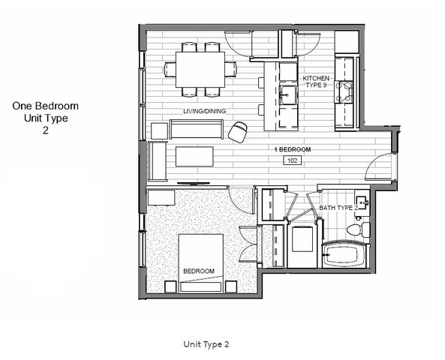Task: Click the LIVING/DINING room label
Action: tap(204, 111)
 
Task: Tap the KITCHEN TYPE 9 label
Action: tap(316, 82)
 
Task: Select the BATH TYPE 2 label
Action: tap(338, 208)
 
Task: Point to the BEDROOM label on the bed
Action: tap(199, 271)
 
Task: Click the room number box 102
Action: tap(293, 160)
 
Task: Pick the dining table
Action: tap(200, 70)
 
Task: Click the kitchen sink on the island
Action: tap(288, 95)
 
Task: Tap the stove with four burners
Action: tap(344, 92)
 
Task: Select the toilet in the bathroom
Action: tap(358, 229)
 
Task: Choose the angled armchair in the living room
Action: tap(238, 132)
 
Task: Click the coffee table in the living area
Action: tap(194, 156)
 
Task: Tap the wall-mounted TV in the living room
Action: tap(194, 184)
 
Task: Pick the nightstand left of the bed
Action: tap(170, 286)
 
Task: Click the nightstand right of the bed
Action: tap(231, 286)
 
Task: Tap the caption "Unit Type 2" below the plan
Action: tap(206, 344)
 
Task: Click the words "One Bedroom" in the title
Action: tap(46, 106)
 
